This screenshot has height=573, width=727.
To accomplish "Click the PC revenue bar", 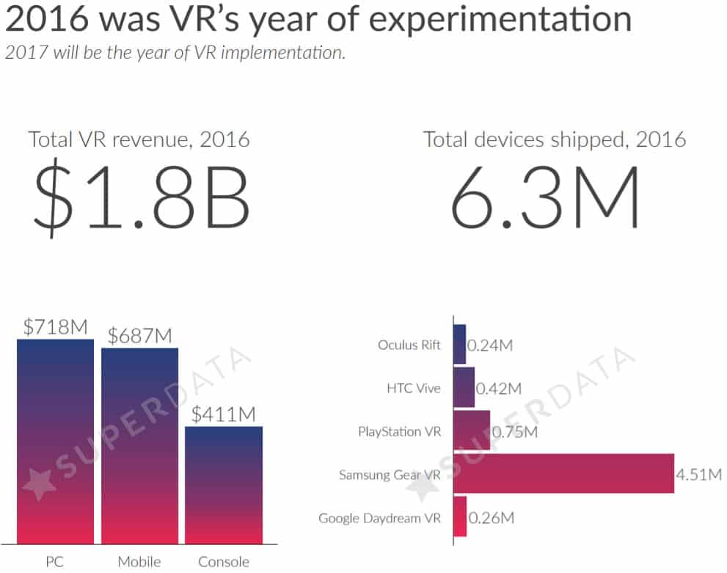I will click(x=56, y=440).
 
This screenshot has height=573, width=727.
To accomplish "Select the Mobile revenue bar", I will click(x=139, y=445).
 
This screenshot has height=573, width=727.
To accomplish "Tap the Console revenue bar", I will click(x=224, y=484).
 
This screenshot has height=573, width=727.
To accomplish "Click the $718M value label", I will click(x=56, y=327).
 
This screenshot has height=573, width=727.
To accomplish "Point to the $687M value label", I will click(x=139, y=336).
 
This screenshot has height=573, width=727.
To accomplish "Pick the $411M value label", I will click(x=224, y=415).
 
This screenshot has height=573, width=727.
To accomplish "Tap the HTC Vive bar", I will click(x=464, y=387).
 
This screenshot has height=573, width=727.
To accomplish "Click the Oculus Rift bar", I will click(x=459, y=344).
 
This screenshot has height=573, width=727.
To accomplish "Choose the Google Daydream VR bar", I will click(x=460, y=517).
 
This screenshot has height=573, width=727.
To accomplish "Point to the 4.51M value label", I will click(x=698, y=475).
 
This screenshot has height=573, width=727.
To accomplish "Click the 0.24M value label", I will click(x=489, y=345).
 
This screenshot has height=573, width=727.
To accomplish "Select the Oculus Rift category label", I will click(x=409, y=344).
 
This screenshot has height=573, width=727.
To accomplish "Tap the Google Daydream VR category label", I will click(x=379, y=518).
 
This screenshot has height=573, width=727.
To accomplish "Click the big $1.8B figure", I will click(x=141, y=197).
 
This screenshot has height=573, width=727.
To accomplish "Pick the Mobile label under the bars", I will click(x=139, y=562).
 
